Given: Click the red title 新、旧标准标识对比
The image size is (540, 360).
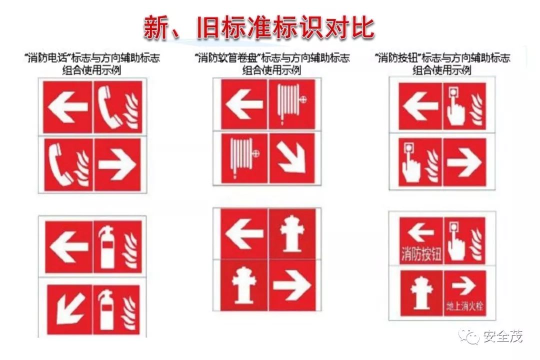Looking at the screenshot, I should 258,27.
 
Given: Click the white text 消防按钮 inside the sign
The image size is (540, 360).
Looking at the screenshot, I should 421,254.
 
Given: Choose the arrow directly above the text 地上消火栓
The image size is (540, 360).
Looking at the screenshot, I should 465,286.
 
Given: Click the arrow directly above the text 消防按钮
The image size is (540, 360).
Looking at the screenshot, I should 420,232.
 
